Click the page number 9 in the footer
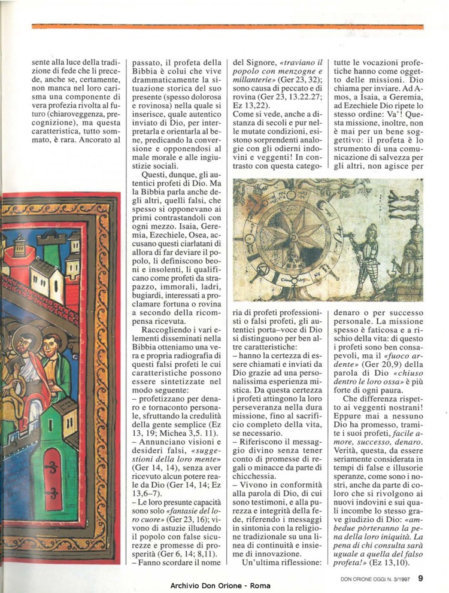[421, 578]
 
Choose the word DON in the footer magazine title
[341, 579]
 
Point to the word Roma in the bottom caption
[260, 585]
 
